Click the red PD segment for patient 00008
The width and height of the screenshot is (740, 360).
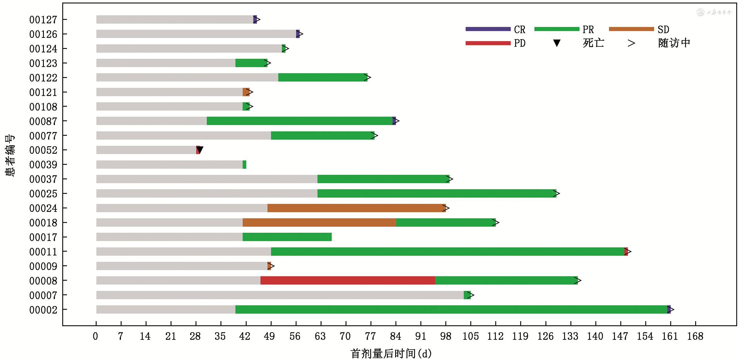[347, 280]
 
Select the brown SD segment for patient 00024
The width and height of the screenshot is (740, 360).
[356, 208]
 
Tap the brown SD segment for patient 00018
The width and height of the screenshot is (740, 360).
[319, 223]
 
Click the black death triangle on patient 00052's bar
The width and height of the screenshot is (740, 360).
[200, 149]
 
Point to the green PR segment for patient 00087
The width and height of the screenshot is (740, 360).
[299, 121]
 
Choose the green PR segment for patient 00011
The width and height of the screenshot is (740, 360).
[447, 252]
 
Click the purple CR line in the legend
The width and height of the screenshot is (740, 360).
[488, 29]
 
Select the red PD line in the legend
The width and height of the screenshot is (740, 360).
[488, 43]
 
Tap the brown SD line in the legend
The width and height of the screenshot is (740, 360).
[631, 29]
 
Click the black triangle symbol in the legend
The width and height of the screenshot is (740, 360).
[557, 43]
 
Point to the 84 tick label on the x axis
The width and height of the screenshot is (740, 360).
[395, 336]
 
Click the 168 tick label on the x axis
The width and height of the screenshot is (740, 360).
[695, 336]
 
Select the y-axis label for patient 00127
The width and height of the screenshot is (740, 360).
[43, 20]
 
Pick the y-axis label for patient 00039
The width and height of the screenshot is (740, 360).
[43, 165]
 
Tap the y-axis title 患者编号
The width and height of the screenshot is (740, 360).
[10, 155]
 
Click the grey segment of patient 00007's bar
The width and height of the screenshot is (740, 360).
[280, 295]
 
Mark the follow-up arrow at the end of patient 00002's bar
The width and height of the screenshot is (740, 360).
[671, 309]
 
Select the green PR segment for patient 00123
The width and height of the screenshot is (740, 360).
[251, 63]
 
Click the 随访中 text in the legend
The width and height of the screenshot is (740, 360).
[674, 43]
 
